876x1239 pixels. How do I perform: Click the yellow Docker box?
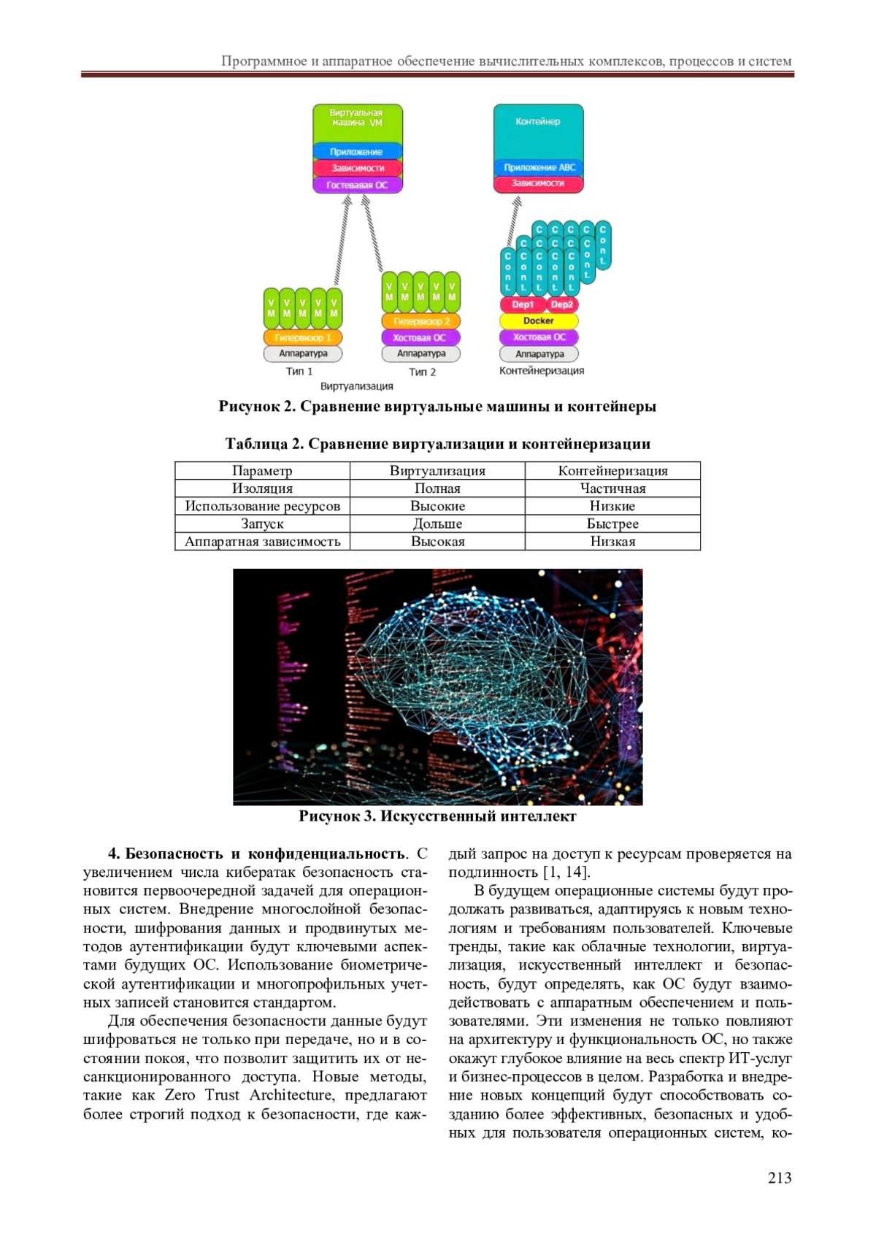coord(539,321)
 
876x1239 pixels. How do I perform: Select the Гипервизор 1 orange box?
coord(303,337)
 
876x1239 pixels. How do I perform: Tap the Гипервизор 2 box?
coord(421,321)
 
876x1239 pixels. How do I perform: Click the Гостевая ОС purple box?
coord(358,185)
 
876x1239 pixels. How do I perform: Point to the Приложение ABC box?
coord(539,167)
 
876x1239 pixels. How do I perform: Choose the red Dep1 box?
coord(523,304)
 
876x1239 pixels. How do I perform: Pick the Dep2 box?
coord(561,304)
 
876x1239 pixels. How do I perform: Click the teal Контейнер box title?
coord(538,121)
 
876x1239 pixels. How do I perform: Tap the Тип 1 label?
coord(299,372)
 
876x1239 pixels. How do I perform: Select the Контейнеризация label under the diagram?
coord(542,371)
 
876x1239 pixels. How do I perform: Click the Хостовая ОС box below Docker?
coord(539,337)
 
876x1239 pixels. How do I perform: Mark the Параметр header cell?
coord(262,471)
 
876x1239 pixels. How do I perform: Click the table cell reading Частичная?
coord(612,488)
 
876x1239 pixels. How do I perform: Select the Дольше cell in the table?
coord(437,524)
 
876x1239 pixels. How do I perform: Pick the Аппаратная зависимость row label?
coord(262,542)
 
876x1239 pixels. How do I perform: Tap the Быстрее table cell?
coord(612,524)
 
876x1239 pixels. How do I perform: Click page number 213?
coord(780,1178)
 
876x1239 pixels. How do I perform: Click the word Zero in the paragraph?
coord(180,1095)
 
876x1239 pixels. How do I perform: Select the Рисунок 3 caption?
coord(437,816)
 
